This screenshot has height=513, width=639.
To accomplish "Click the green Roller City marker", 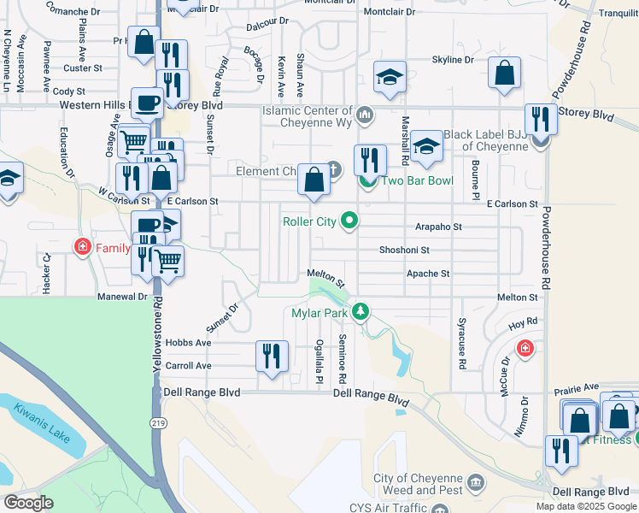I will (x=349, y=222).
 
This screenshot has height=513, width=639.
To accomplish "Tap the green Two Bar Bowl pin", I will (x=367, y=181).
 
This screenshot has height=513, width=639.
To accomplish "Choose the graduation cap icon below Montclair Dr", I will (x=390, y=77).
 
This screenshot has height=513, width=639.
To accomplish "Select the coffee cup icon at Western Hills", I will (x=147, y=103).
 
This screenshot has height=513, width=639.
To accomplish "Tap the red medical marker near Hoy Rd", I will (x=525, y=348).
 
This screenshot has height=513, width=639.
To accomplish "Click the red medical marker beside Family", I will (x=82, y=249).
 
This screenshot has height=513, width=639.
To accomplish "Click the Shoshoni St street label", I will (x=404, y=251).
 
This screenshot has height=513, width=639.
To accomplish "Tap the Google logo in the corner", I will (x=28, y=502).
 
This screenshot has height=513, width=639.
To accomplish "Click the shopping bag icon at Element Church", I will (x=314, y=180).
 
